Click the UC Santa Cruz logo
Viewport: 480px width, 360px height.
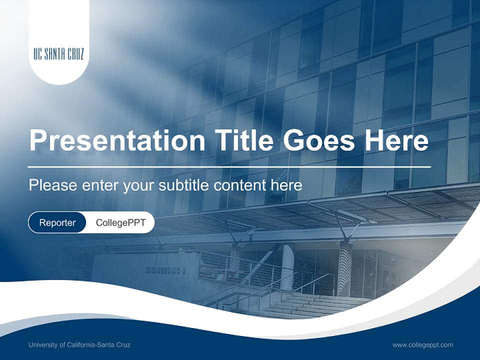(58, 54)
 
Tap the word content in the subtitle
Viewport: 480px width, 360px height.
(239, 185)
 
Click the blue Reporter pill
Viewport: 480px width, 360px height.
(57, 222)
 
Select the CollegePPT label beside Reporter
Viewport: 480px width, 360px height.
(120, 222)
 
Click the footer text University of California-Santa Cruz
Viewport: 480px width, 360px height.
(79, 344)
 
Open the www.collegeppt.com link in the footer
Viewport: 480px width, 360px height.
(422, 344)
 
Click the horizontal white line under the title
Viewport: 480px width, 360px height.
(229, 166)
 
